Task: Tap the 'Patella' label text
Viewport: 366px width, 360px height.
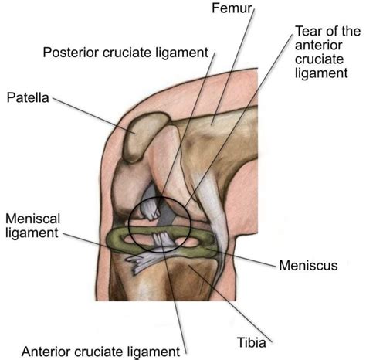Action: [x=28, y=98]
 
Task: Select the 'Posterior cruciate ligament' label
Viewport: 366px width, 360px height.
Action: [x=125, y=53]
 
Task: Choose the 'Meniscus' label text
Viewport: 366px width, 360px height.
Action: [x=308, y=266]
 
